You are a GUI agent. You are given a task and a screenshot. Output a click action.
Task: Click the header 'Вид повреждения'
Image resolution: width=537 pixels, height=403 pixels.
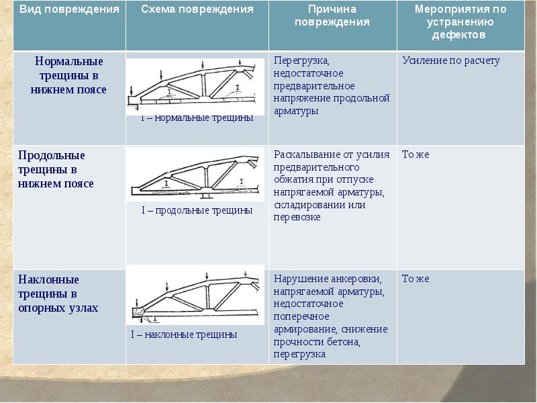(70, 9)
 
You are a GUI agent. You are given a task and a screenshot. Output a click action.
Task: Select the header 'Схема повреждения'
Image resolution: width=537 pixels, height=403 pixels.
(197, 9)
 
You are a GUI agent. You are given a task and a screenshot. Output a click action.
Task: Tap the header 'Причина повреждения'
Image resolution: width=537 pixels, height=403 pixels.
(332, 15)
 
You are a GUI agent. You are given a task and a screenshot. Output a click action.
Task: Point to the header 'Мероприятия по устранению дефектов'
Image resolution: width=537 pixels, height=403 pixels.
(460, 21)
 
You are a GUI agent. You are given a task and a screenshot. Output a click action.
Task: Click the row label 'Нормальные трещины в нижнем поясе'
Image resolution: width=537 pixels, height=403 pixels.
(69, 75)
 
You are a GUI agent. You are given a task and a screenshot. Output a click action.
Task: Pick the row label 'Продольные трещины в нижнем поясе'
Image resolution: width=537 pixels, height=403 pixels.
(56, 169)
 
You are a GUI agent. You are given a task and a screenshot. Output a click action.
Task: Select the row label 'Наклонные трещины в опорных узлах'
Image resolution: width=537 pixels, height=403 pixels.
(58, 294)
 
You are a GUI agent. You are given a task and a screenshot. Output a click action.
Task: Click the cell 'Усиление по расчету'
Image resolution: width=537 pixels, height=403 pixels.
(451, 60)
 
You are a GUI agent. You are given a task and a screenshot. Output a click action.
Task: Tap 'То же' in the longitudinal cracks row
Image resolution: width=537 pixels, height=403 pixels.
(416, 154)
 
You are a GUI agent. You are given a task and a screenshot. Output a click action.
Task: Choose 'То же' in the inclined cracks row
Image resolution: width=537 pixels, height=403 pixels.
(416, 279)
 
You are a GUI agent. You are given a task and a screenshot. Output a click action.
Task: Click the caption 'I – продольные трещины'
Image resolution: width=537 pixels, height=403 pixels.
(197, 210)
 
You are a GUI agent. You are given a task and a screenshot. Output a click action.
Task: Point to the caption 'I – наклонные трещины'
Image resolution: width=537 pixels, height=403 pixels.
(184, 334)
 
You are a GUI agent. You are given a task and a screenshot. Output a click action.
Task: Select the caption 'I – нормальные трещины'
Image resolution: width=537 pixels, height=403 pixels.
(197, 118)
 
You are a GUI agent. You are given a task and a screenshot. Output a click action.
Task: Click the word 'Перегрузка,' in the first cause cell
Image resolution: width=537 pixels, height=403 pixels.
(301, 61)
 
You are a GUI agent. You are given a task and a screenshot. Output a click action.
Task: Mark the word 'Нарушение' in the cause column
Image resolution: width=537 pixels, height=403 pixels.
(299, 279)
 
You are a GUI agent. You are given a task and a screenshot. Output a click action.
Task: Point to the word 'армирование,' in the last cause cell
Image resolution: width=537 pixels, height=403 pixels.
(305, 329)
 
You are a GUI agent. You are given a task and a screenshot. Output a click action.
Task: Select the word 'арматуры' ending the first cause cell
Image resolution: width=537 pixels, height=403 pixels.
(296, 111)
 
